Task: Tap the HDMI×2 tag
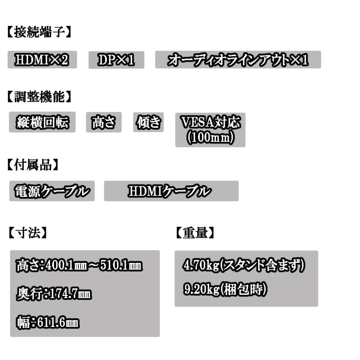tap(42, 60)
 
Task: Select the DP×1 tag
tap(116, 60)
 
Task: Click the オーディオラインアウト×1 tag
tap(238, 60)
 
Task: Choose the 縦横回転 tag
tap(42, 122)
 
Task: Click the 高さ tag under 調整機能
tap(104, 122)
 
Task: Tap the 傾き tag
tap(148, 122)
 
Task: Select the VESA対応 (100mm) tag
tap(210, 130)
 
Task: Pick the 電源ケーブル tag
tap(52, 191)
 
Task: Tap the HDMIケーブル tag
tap(171, 191)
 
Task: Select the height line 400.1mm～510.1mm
tap(79, 265)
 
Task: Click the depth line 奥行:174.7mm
tap(54, 294)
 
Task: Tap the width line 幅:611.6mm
tap(48, 322)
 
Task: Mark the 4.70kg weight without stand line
tap(244, 265)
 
